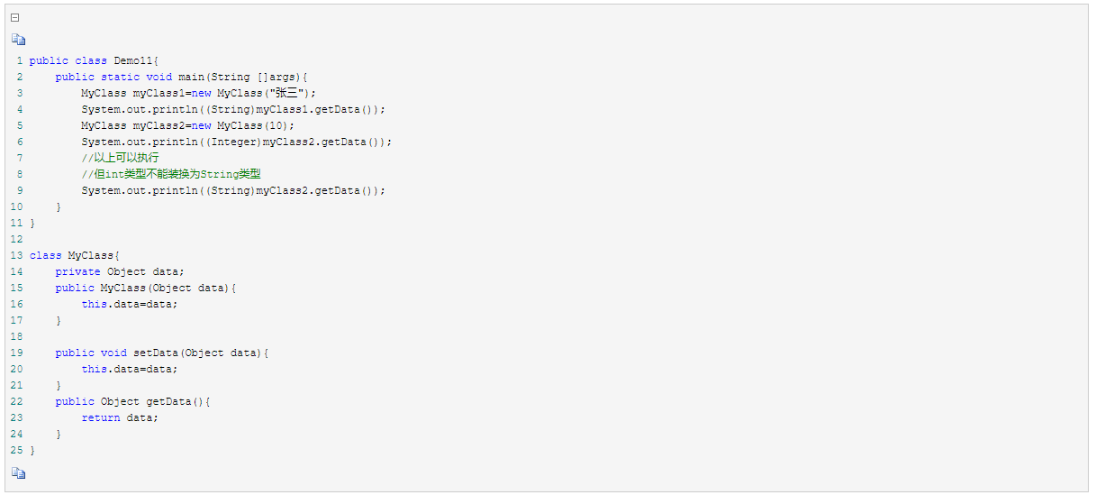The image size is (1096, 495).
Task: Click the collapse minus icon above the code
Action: pyautogui.click(x=15, y=17)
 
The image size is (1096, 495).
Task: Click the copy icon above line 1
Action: pyautogui.click(x=19, y=40)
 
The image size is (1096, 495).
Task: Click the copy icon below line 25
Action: pyautogui.click(x=19, y=472)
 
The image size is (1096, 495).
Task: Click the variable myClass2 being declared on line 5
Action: pyautogui.click(x=159, y=125)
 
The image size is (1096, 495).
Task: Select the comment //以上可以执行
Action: pyautogui.click(x=120, y=158)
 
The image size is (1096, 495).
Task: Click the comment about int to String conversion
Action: pyautogui.click(x=170, y=174)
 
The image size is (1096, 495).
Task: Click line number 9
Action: pyautogui.click(x=20, y=190)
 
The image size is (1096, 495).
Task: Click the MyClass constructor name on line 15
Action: pyautogui.click(x=122, y=288)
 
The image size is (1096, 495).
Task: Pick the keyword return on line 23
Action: pyautogui.click(x=100, y=417)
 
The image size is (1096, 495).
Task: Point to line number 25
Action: pyautogui.click(x=17, y=450)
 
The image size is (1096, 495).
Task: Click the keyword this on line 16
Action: pyautogui.click(x=94, y=304)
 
